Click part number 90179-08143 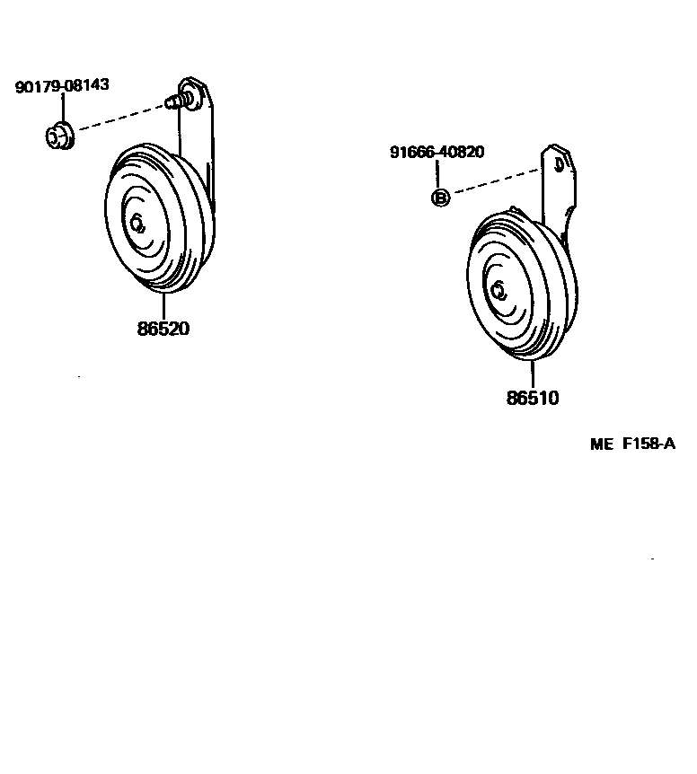pos(62,86)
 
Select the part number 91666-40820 pos(437,152)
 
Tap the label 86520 pos(163,329)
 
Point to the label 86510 pos(533,398)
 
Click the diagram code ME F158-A pos(632,444)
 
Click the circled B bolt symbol pos(440,198)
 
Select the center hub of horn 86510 pos(498,290)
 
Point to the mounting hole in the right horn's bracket pos(559,164)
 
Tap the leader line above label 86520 pos(163,305)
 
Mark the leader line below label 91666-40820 pos(439,174)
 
